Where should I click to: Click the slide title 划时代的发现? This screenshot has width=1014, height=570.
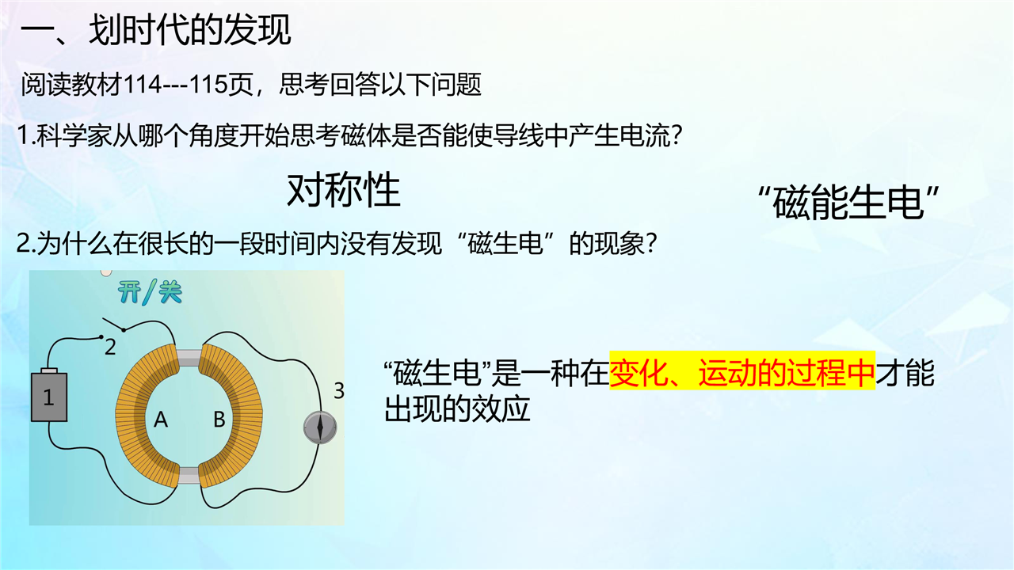coord(189,30)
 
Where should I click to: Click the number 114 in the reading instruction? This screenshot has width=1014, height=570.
coord(142,85)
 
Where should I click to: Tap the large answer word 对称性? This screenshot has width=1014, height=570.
coord(344,190)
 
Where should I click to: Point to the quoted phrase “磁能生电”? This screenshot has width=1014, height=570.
coord(848,203)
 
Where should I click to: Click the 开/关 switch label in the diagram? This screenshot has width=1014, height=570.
coord(150,292)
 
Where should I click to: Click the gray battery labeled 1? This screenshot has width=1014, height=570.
coord(49,396)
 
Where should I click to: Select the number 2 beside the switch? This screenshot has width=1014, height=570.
coord(110,348)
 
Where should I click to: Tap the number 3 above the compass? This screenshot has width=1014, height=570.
coord(339,391)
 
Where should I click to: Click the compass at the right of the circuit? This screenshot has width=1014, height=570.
coord(320,427)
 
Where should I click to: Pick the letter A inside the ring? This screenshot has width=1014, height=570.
coord(161,420)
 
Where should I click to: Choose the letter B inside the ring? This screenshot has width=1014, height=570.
coord(219,420)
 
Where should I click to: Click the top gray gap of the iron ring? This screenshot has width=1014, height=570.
coord(188,358)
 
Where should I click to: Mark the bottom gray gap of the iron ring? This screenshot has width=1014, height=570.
coord(189,475)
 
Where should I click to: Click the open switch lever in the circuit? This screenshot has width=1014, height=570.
coord(113,324)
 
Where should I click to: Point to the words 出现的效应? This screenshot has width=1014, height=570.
coord(457,409)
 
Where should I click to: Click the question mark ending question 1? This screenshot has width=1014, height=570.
coord(677,135)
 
